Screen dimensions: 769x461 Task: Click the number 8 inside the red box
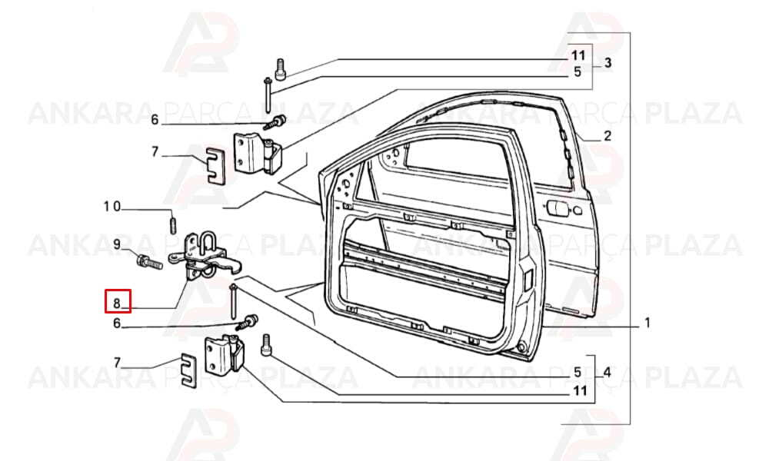click(x=117, y=303)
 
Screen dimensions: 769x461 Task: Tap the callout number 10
click(x=112, y=206)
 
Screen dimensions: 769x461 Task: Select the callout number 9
click(x=117, y=244)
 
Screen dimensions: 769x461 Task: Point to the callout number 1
click(x=647, y=323)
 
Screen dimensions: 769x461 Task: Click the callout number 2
click(x=608, y=136)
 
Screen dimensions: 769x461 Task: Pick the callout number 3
click(x=608, y=63)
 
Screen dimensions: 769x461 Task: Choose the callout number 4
click(x=608, y=373)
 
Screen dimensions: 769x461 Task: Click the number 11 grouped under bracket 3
click(x=578, y=55)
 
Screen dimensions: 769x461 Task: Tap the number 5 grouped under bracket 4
click(x=578, y=373)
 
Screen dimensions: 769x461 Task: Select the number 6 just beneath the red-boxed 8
click(x=117, y=323)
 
